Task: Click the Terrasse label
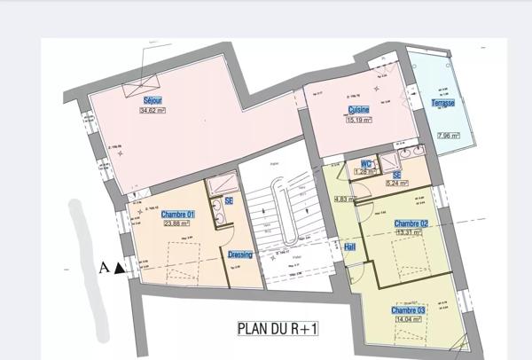pos(443,103)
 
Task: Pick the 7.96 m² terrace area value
pos(449,136)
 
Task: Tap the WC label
pos(364,163)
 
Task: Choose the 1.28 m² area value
pos(364,171)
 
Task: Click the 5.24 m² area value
pos(397,184)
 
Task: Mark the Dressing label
pos(239,254)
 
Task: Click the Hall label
pos(349,247)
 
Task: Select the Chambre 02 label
pos(411,223)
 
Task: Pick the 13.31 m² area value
pos(411,232)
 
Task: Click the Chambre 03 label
pos(408,311)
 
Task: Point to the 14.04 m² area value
pos(408,321)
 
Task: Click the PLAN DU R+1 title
pos(278,328)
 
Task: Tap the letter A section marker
pos(106,266)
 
